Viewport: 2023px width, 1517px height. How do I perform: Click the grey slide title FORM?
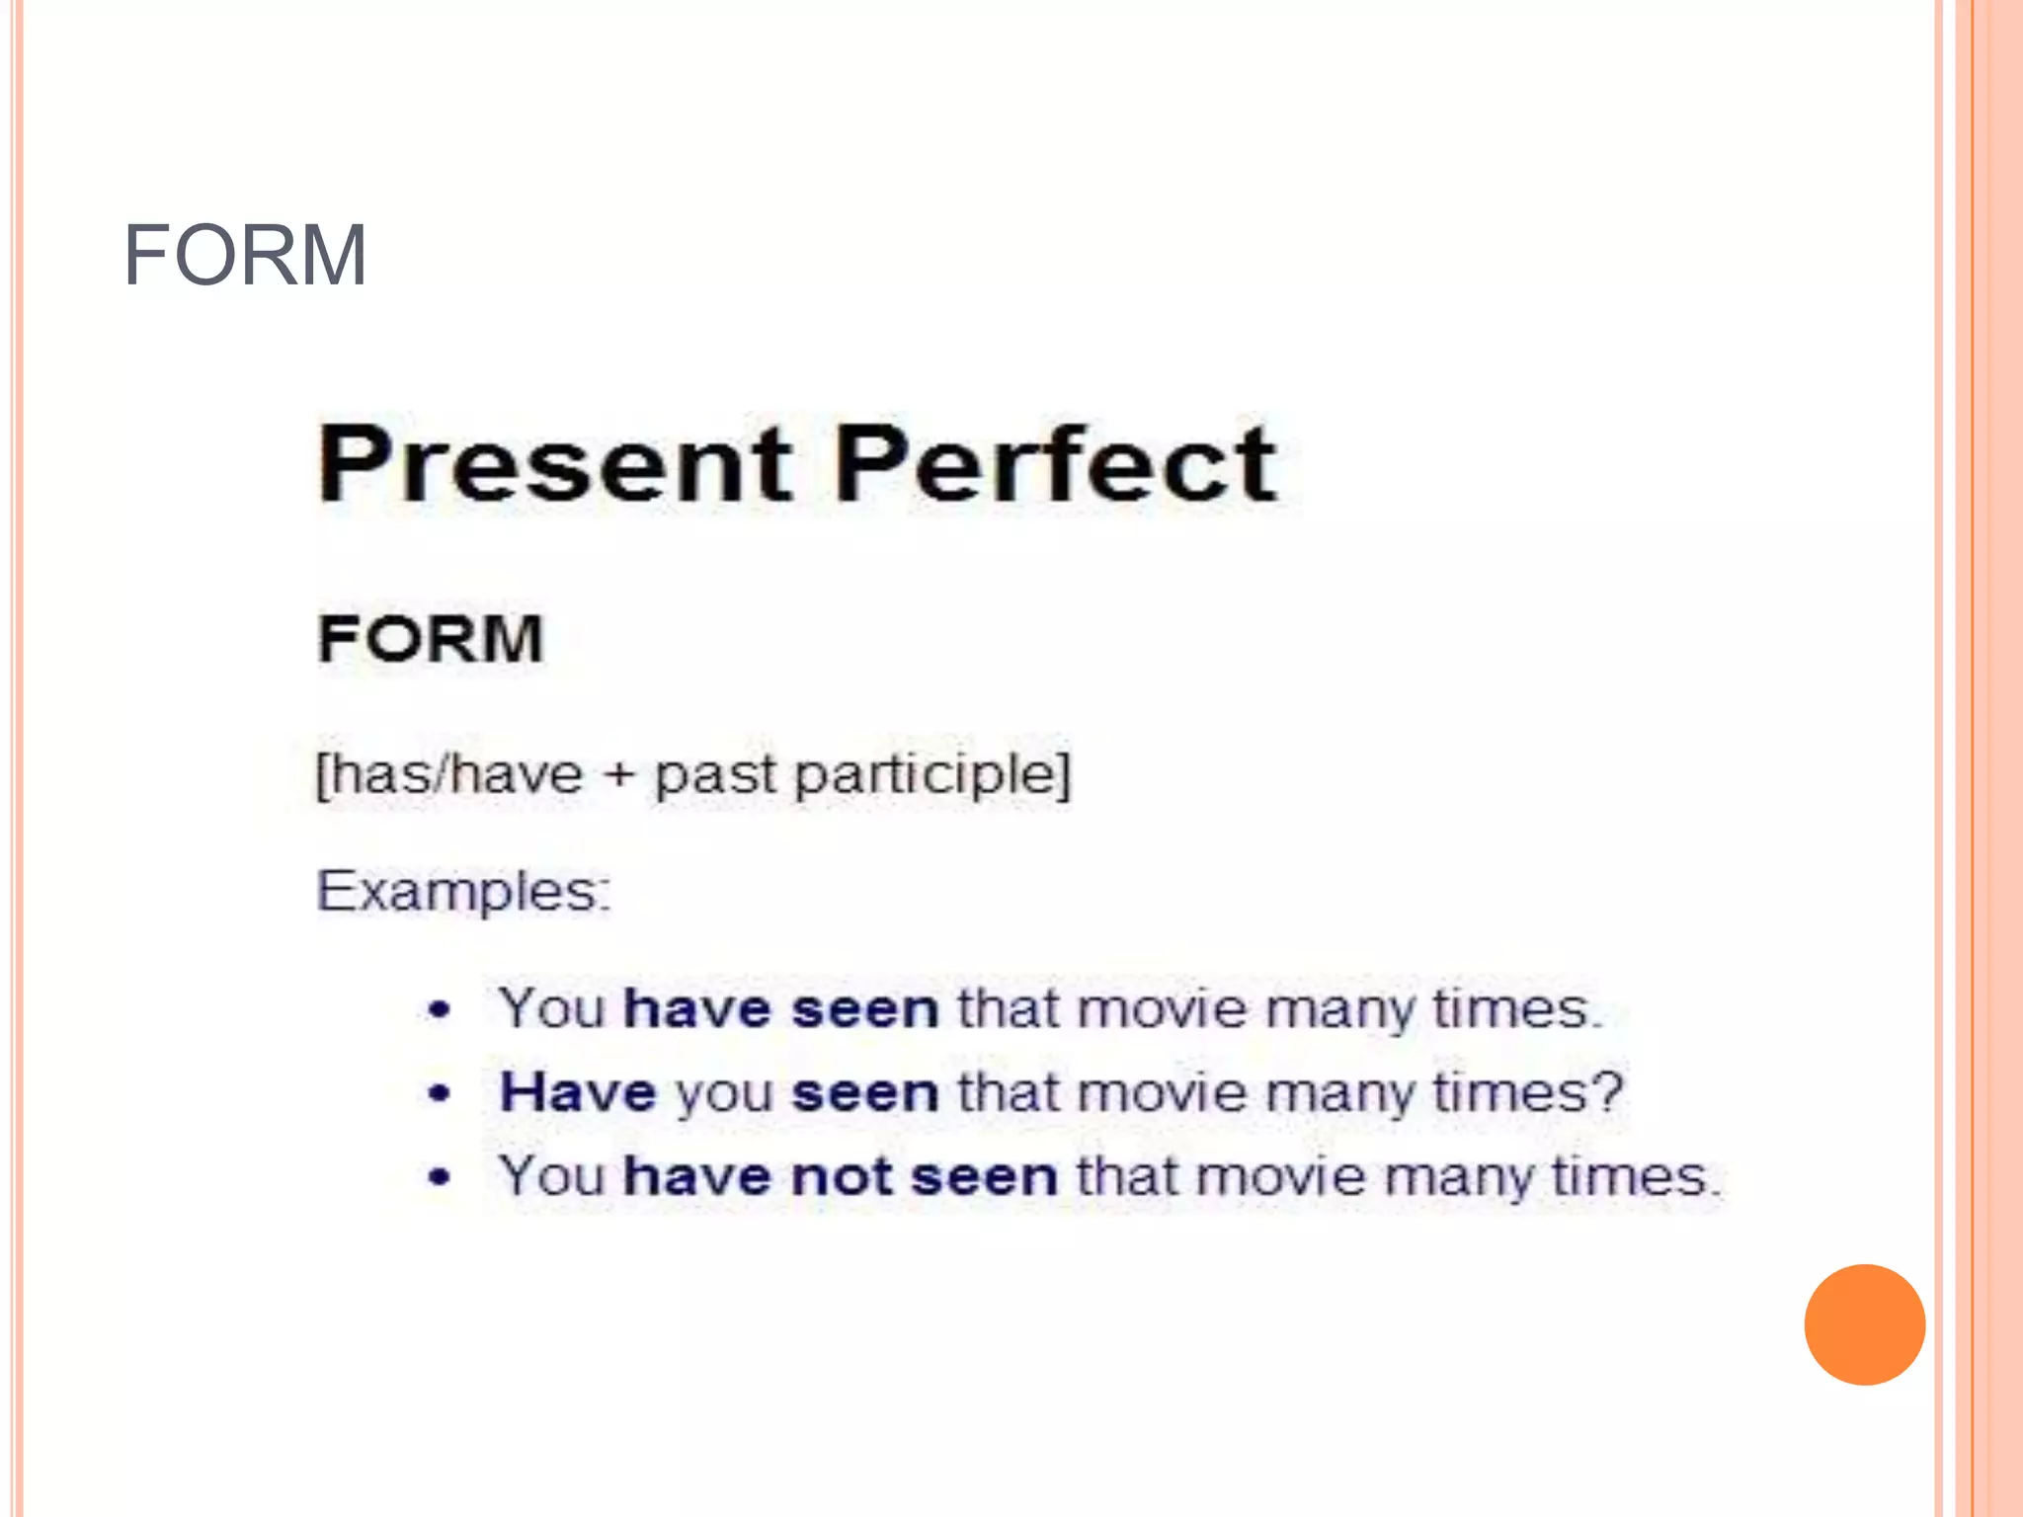point(245,256)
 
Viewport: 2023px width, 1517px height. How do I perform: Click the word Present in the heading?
point(554,463)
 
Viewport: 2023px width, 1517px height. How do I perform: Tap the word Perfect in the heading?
point(1055,463)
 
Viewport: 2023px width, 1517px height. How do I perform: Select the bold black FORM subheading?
point(431,639)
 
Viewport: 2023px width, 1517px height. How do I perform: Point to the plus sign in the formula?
point(619,774)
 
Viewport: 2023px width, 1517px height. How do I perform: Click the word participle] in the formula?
point(932,774)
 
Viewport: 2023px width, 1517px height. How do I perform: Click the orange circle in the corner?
point(1864,1324)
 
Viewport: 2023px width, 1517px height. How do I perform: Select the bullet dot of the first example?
point(440,1009)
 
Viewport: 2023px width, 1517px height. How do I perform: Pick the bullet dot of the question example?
point(440,1093)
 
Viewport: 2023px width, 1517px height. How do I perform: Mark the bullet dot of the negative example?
point(440,1177)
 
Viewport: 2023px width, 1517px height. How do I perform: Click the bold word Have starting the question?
point(578,1093)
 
